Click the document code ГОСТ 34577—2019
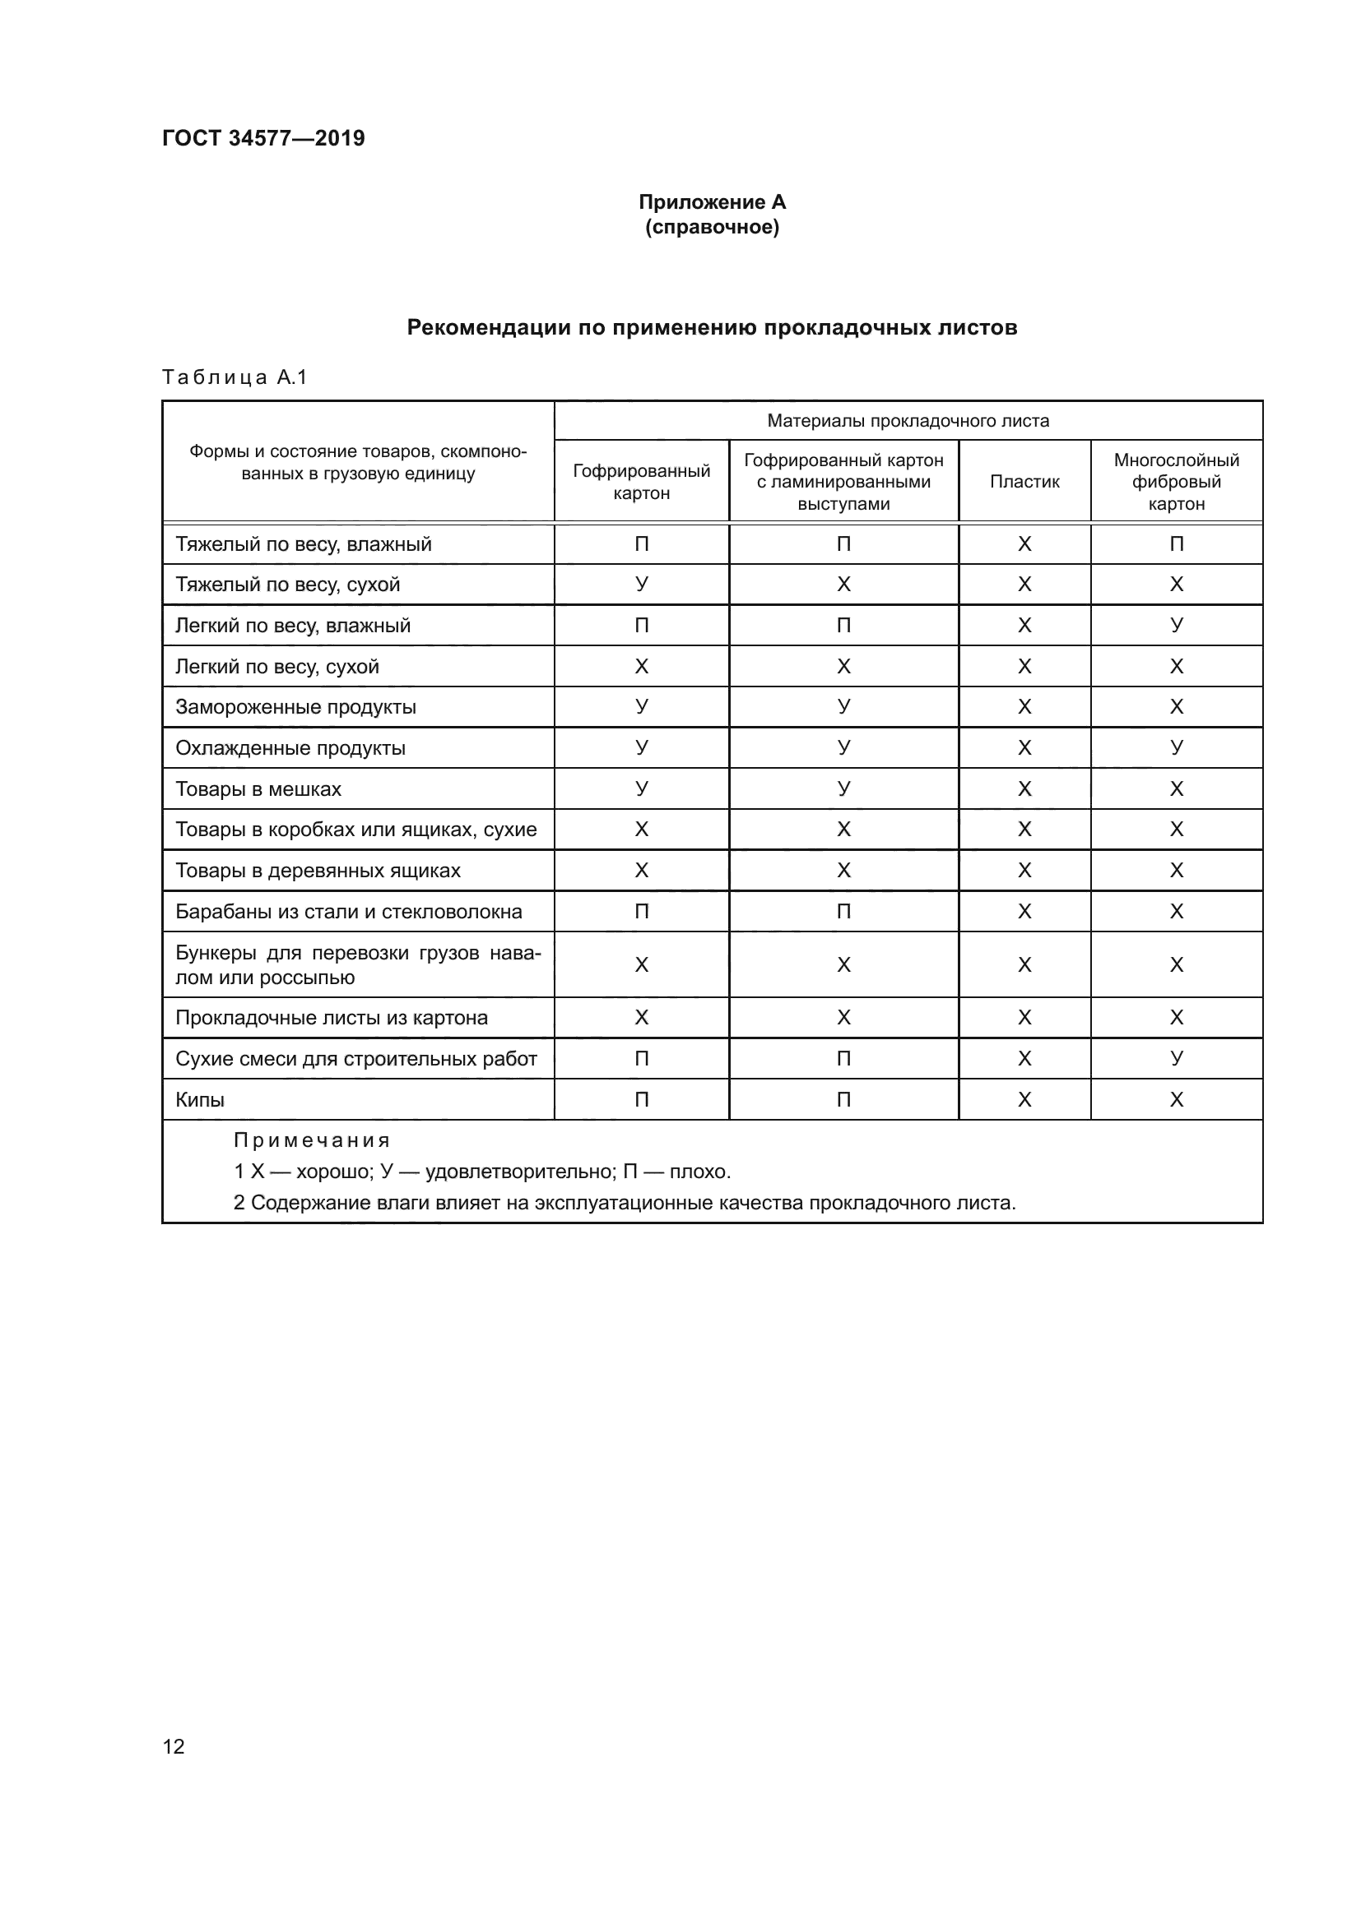[x=263, y=138]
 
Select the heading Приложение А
[x=712, y=202]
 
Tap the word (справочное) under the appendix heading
[x=712, y=228]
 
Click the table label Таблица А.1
[x=235, y=377]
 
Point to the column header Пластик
[x=1024, y=482]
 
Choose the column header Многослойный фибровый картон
[x=1176, y=482]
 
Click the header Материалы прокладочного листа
[x=908, y=420]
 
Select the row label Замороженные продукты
[x=295, y=707]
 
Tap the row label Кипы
[x=199, y=1100]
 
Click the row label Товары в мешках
[x=258, y=789]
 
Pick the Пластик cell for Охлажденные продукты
[x=1024, y=748]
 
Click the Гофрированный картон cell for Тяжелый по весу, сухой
[x=641, y=585]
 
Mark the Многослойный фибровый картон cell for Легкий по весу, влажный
[x=1176, y=626]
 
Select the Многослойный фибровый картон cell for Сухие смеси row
[x=1176, y=1059]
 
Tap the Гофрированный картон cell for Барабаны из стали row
[x=641, y=911]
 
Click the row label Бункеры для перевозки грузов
[x=358, y=965]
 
